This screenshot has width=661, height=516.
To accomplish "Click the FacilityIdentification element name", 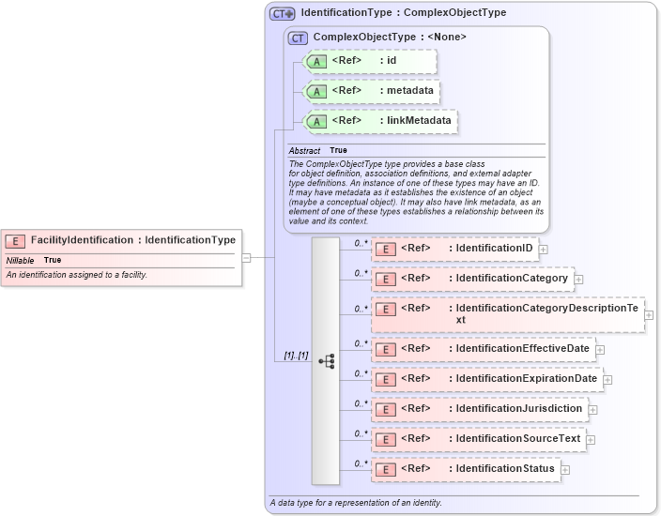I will [x=81, y=240].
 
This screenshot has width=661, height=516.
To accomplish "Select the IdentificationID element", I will [x=490, y=249].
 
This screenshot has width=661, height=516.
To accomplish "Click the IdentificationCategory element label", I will [x=512, y=279].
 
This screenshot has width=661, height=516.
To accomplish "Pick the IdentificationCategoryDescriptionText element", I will [x=552, y=314].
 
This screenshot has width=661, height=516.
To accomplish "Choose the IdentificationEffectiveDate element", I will [x=522, y=349].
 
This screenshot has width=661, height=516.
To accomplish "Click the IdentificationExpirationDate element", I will [x=526, y=379].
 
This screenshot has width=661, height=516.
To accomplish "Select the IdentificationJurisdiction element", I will [x=519, y=409].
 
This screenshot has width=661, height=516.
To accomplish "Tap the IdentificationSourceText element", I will [x=518, y=438].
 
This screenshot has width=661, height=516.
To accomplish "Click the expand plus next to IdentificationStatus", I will [x=565, y=469].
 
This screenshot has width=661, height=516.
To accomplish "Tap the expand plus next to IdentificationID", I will [x=544, y=250].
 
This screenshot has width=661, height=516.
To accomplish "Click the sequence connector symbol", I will [x=326, y=360].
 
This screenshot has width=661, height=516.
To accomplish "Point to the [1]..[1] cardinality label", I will [x=296, y=357].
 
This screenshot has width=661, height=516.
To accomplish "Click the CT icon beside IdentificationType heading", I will [x=282, y=13].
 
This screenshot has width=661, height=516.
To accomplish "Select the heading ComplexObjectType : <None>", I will [x=389, y=38].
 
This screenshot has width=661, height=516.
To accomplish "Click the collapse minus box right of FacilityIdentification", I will [x=246, y=257].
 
